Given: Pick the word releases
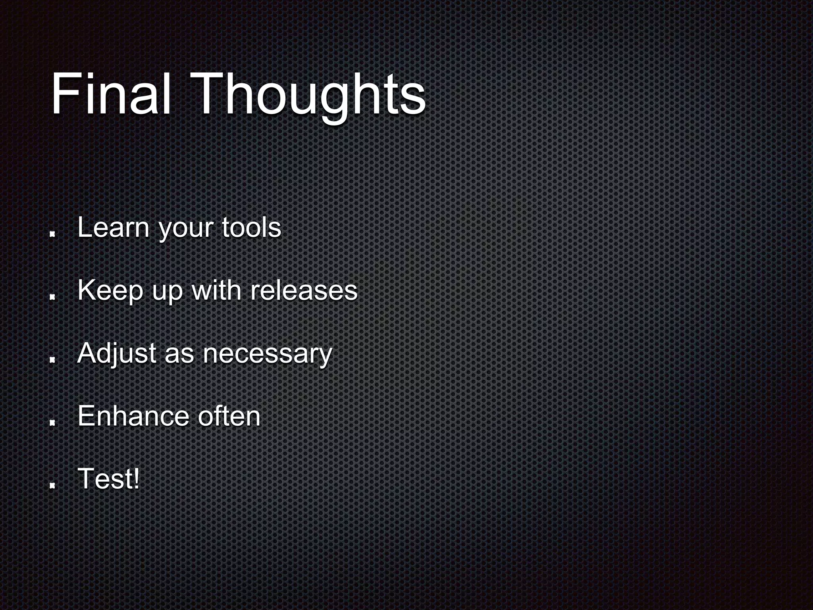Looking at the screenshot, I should click(304, 291).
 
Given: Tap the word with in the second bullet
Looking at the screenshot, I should click(216, 291).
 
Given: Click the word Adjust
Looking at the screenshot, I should click(117, 353).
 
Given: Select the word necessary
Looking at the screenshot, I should click(267, 354).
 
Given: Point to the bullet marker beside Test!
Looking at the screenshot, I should click(52, 485).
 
